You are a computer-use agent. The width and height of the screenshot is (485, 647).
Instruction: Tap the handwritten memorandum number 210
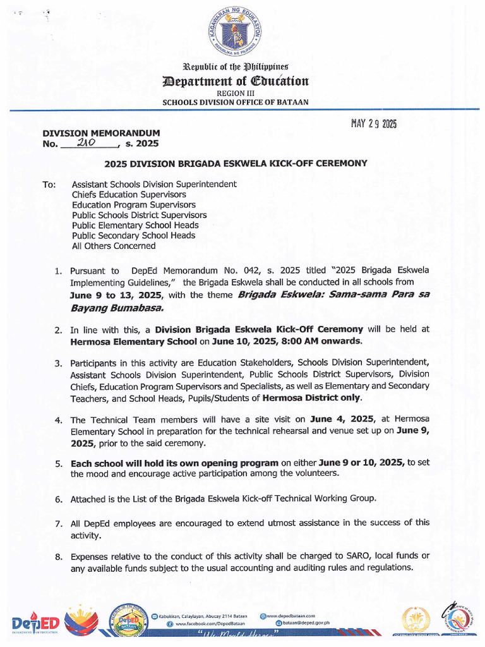pos(85,143)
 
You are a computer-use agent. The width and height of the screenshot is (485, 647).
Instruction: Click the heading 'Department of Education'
pos(236,81)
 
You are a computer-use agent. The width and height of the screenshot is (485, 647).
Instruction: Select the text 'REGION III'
pos(236,93)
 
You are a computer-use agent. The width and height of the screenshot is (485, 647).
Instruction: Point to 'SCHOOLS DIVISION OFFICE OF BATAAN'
pos(236,102)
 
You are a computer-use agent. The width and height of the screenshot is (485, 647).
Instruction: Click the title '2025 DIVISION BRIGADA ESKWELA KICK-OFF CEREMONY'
pos(236,163)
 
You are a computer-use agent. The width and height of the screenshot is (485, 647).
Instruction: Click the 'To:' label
pos(49,185)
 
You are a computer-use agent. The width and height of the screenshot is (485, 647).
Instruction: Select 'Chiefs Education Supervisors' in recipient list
pos(129,195)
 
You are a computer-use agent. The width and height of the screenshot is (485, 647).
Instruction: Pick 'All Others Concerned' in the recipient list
pos(114,246)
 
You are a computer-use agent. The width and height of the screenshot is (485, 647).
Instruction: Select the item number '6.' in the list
pos(58,499)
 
